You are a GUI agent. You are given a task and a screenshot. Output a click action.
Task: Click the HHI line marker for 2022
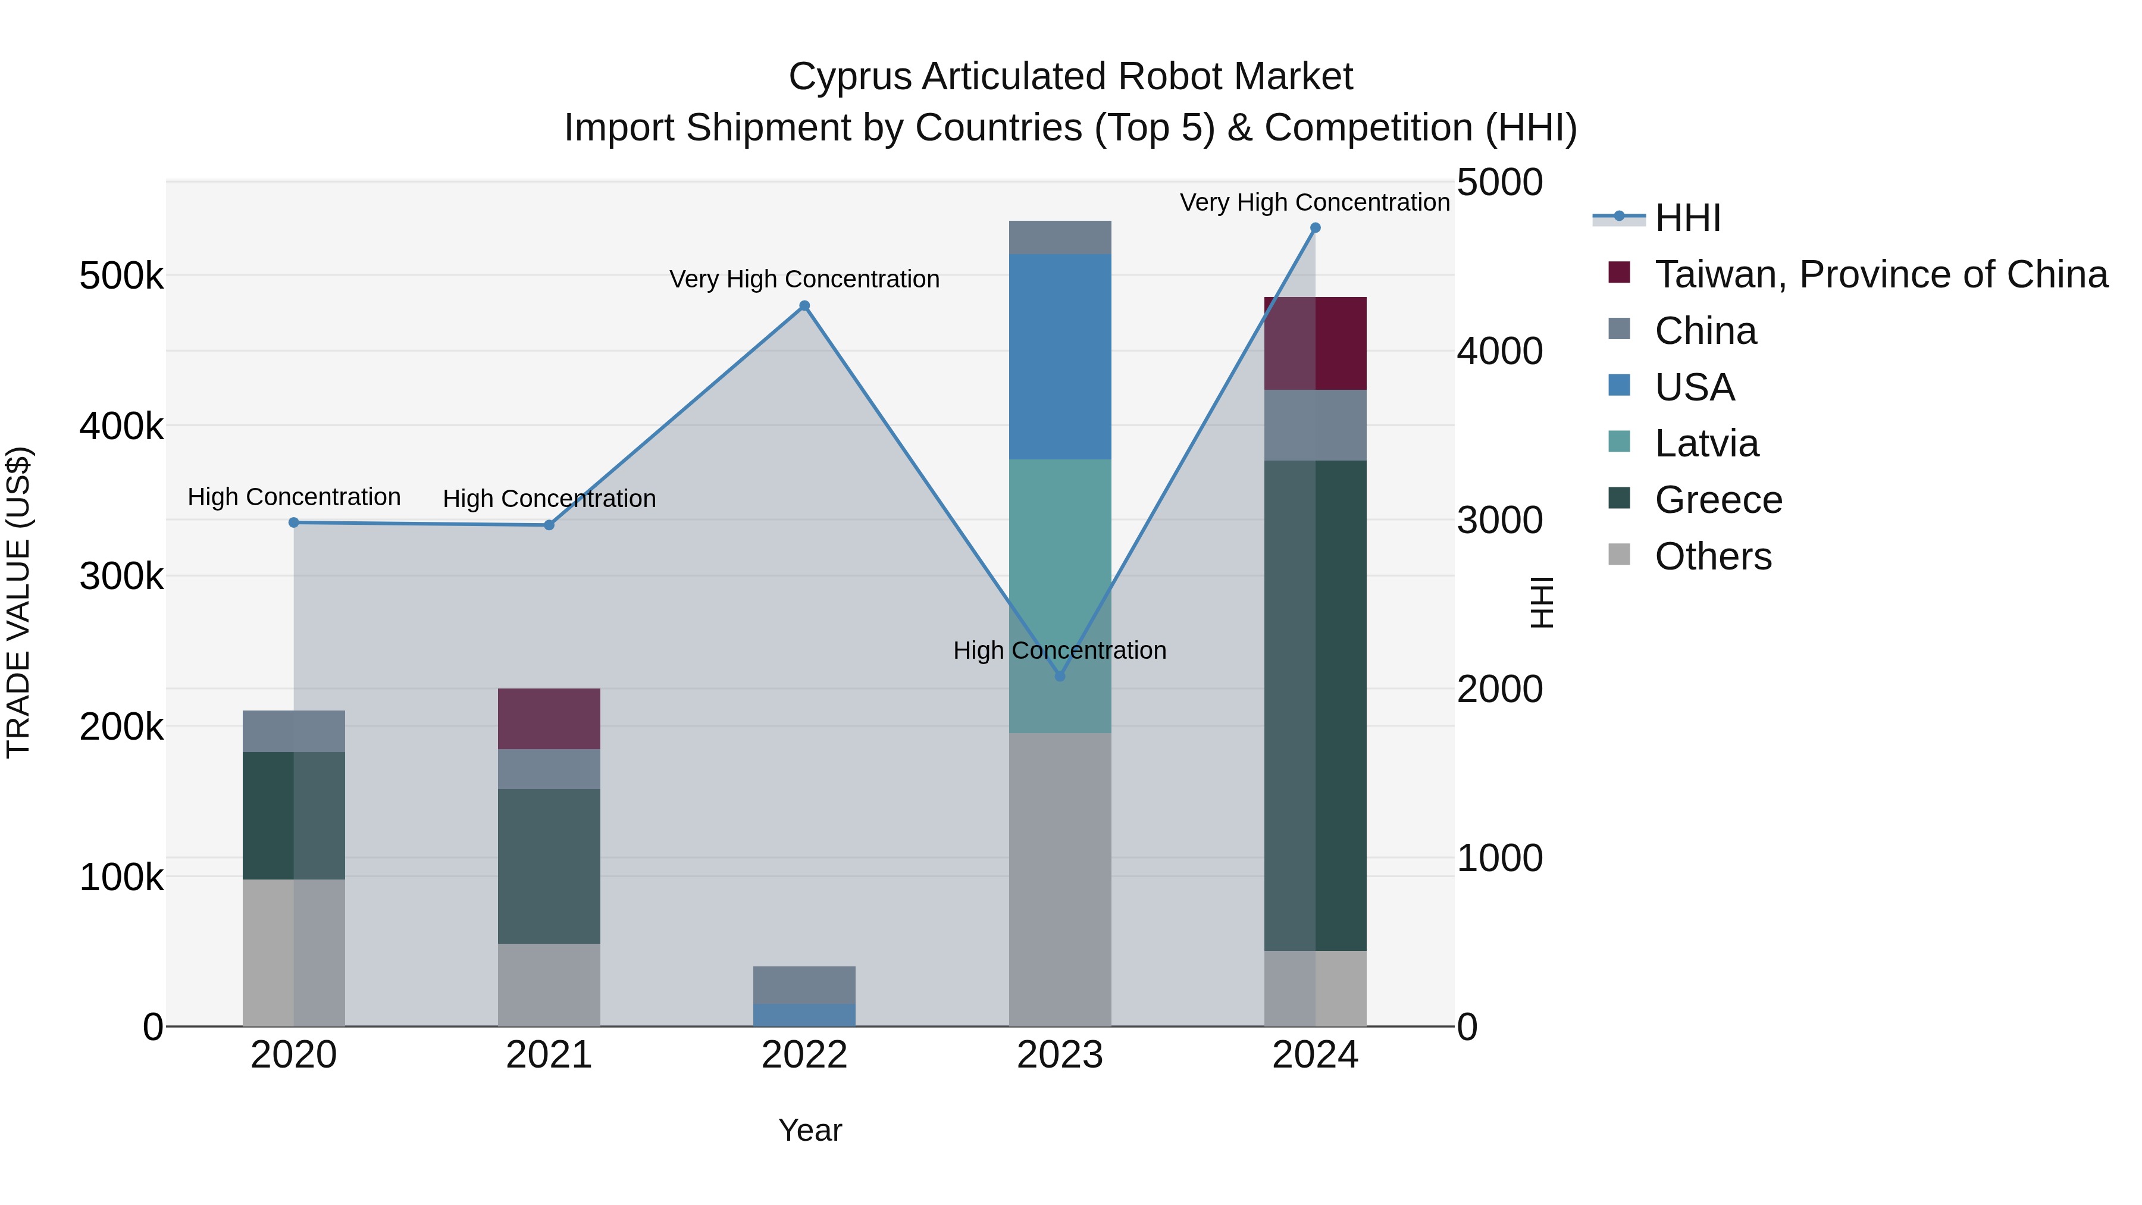click(x=804, y=306)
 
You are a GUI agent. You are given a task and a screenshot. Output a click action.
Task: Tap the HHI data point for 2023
click(x=1059, y=676)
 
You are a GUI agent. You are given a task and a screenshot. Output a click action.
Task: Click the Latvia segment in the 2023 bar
click(x=1059, y=596)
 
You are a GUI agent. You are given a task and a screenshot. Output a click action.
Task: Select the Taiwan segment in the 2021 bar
click(x=549, y=718)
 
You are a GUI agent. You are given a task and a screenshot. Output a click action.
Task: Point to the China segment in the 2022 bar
click(x=804, y=985)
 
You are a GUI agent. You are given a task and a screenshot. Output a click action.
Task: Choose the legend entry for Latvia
click(x=1706, y=443)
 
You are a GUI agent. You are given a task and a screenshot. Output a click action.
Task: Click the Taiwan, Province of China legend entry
click(x=1881, y=274)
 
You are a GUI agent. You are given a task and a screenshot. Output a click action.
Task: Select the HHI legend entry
click(x=1687, y=218)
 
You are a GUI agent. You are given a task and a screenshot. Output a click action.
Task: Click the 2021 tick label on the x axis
click(x=549, y=1055)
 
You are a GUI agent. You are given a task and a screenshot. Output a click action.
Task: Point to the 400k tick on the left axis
click(x=121, y=427)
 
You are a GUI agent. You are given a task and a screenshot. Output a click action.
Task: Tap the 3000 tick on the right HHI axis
click(x=1499, y=521)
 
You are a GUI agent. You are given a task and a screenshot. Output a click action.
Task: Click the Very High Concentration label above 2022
click(x=804, y=280)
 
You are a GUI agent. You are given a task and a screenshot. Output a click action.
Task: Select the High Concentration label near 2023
click(x=1059, y=650)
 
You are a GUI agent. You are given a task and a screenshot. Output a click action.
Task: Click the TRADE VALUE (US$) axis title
click(x=18, y=602)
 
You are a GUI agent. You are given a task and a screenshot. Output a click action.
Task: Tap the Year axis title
click(x=810, y=1130)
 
